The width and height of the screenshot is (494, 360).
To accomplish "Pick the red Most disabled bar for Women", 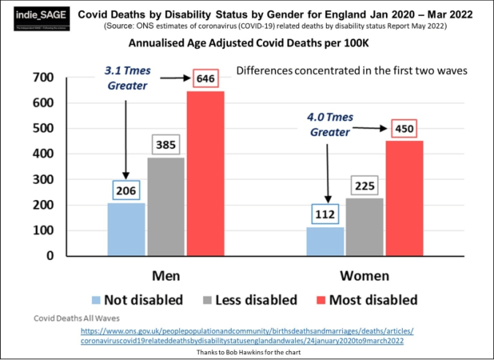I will (x=404, y=198).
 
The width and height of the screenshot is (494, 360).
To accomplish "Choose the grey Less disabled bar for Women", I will (x=365, y=226).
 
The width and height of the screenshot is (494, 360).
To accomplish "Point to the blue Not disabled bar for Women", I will (x=325, y=242).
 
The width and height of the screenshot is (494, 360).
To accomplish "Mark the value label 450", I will (x=404, y=129).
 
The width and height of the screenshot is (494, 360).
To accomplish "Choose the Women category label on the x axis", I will (x=365, y=276).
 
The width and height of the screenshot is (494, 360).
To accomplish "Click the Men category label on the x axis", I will (x=166, y=276).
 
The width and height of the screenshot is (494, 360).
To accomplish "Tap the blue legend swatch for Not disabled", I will (x=95, y=300).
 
